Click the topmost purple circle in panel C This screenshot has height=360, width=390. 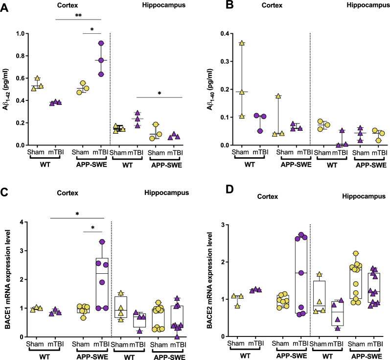[x=101, y=241]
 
